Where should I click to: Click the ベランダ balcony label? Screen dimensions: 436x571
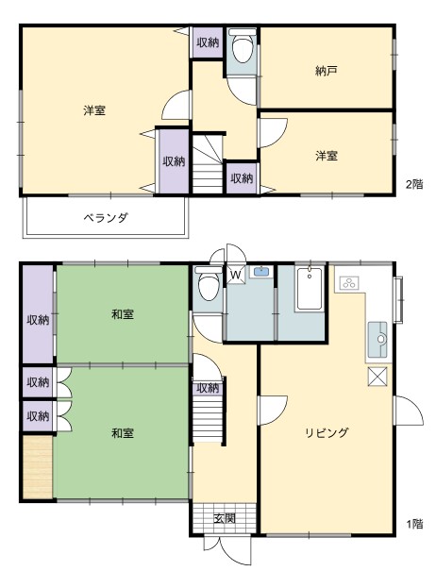106,218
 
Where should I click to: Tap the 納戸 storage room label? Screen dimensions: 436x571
326,71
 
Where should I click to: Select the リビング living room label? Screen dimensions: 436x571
327,432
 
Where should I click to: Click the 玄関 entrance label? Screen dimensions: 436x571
225,518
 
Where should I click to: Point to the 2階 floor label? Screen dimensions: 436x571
414,184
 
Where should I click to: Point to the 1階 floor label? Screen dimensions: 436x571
414,524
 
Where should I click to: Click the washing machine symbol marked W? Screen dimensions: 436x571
236,275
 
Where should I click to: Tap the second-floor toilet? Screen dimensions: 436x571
243,45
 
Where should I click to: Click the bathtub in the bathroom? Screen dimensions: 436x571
310,289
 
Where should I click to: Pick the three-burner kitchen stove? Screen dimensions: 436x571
349,283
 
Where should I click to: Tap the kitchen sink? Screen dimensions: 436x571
377,340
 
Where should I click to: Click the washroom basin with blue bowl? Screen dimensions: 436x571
260,272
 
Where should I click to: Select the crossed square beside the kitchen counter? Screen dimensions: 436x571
377,377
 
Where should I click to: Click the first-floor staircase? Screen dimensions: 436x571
208,418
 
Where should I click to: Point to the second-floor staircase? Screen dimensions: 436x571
208,164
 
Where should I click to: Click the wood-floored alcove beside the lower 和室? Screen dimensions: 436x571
38,467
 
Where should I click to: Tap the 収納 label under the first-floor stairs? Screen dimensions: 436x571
208,388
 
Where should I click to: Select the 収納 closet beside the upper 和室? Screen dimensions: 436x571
38,314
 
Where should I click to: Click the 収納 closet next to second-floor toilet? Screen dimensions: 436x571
208,42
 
